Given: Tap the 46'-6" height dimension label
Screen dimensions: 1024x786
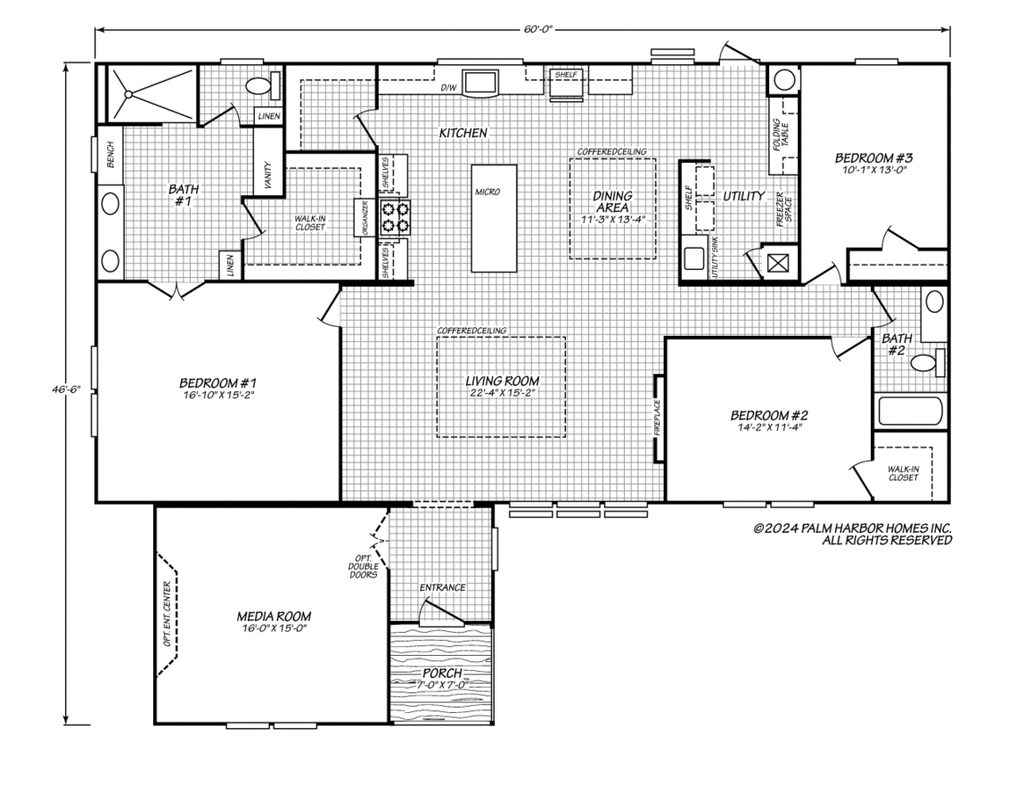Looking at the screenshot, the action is click(x=66, y=389).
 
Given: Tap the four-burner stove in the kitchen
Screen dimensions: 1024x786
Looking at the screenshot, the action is click(x=395, y=217).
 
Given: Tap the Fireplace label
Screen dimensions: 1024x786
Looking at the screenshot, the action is click(x=657, y=417).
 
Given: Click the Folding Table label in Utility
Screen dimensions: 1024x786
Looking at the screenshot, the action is click(x=781, y=135).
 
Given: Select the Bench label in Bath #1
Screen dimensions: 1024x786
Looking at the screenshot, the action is click(x=111, y=155).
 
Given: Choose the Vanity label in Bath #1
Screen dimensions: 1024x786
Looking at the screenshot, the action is click(x=268, y=175).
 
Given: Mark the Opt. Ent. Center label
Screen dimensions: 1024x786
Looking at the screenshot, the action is click(x=168, y=614).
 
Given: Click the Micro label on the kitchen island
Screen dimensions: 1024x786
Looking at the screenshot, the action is click(x=487, y=192).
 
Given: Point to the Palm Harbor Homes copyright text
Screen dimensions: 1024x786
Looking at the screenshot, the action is click(x=852, y=534).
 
